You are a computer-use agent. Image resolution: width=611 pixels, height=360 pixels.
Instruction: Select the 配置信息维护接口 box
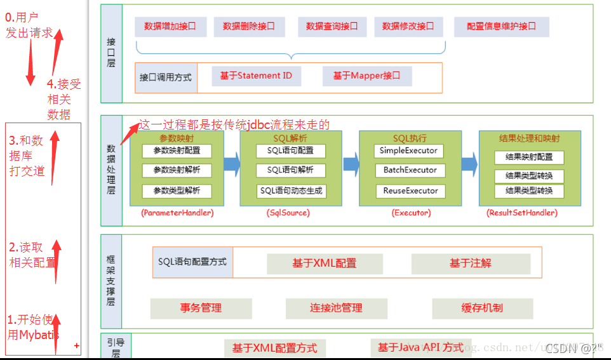501,27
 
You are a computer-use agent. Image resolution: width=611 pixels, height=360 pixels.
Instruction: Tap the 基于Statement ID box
256,76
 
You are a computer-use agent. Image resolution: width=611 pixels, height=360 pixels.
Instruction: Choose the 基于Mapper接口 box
366,76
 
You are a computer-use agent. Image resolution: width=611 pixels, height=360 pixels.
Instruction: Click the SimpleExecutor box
408,151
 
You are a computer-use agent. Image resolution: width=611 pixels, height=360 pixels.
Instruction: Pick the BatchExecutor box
410,170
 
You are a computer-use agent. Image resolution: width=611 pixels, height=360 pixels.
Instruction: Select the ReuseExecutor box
410,190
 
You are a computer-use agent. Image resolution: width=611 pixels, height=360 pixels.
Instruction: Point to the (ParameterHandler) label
177,213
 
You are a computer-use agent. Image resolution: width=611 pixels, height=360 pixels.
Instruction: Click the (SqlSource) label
288,213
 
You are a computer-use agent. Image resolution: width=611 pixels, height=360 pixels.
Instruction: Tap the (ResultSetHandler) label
521,213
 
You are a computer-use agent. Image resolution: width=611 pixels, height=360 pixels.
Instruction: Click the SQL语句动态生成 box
292,190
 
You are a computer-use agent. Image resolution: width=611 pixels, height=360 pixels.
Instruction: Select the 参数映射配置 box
177,151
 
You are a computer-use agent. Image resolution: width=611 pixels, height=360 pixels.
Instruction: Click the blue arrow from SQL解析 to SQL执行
351,165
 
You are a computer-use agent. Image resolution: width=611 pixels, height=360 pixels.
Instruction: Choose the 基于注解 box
471,263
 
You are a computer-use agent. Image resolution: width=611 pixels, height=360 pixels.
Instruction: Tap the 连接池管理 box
336,308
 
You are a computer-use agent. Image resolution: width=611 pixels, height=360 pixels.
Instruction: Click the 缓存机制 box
482,308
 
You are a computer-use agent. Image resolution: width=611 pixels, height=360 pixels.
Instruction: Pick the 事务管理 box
201,308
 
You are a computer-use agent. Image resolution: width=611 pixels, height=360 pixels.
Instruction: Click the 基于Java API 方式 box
420,347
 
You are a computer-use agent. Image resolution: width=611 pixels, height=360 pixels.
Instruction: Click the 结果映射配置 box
528,157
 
